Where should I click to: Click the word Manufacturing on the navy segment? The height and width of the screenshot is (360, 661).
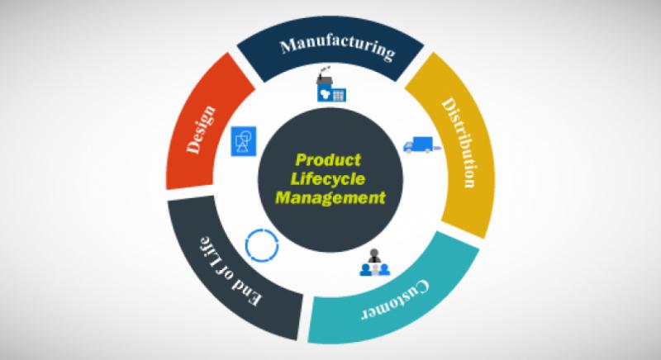[x=338, y=48]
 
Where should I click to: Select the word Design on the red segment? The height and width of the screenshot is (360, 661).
[x=202, y=130]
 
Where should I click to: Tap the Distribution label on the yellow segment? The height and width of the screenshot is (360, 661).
[x=460, y=142]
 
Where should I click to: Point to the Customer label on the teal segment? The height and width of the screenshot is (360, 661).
[x=396, y=301]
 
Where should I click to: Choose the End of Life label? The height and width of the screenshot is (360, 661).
[x=230, y=272]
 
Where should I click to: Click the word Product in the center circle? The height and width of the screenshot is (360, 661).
[x=328, y=160]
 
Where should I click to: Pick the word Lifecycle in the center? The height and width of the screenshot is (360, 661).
[x=328, y=179]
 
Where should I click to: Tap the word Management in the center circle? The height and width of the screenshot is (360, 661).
[x=330, y=197]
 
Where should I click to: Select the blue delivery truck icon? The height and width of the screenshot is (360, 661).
[x=421, y=144]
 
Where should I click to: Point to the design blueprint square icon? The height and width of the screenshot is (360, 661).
[x=244, y=141]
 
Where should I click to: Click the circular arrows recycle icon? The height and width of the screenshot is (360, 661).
[x=262, y=245]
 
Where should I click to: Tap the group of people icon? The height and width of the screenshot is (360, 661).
[x=375, y=263]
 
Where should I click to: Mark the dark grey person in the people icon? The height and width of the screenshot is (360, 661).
[x=374, y=256]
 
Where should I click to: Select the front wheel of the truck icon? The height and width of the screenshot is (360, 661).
[x=408, y=149]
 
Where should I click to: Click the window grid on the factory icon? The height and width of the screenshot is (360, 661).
[x=339, y=95]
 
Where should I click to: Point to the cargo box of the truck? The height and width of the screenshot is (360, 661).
[x=423, y=143]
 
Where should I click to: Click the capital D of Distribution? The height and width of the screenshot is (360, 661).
[x=449, y=104]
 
